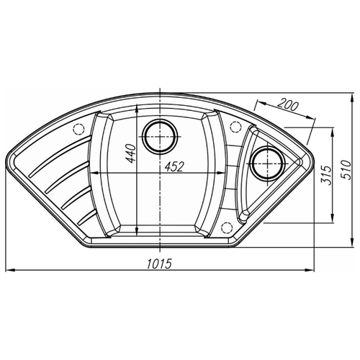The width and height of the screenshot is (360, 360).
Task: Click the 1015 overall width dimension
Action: point(159,264)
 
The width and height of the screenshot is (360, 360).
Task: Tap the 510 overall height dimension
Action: point(346,170)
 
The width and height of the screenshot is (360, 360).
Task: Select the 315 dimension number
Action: point(326,175)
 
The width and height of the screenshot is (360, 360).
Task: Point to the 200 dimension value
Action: point(287,106)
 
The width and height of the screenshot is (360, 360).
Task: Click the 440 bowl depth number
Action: point(131,153)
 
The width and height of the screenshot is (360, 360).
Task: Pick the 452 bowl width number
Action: point(174,166)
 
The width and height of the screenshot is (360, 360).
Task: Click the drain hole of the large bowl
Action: point(160,137)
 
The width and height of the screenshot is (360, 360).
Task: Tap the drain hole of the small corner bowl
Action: point(267,163)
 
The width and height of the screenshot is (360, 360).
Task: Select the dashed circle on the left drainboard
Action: point(78,130)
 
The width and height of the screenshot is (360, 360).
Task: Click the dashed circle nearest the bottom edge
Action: point(226,228)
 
